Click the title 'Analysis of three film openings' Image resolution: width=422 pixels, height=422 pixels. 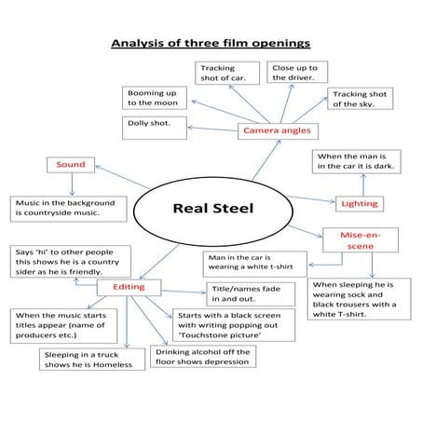[x=211, y=43]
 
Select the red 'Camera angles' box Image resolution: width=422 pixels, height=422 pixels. [x=277, y=130]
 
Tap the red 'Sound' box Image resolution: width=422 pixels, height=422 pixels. [x=71, y=165]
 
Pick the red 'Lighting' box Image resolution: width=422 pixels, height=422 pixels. [x=360, y=202]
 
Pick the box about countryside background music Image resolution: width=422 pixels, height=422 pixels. [x=66, y=208]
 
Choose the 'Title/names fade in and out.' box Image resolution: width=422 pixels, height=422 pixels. [x=246, y=294]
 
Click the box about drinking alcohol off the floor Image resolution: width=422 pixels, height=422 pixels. [x=202, y=357]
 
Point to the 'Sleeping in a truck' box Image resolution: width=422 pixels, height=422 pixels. [x=93, y=360]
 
